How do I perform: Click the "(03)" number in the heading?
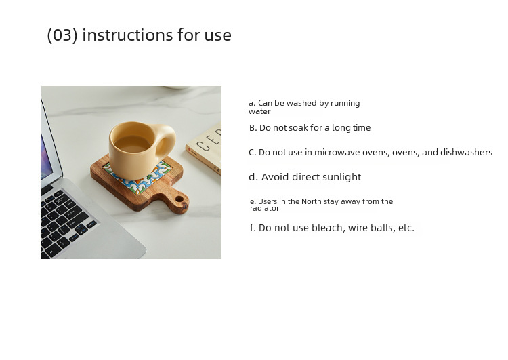tap(62, 35)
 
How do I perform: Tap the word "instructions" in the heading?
tap(127, 35)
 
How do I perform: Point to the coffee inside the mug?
tap(132, 144)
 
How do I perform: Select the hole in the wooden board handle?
tap(179, 199)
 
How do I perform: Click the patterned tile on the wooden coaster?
tap(137, 177)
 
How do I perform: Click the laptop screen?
tap(46, 157)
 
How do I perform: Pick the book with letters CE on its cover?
tap(205, 148)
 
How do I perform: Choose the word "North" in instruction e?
tap(311, 201)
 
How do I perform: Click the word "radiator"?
tap(264, 209)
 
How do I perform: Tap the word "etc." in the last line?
tap(406, 228)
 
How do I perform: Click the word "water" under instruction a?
tap(259, 111)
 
